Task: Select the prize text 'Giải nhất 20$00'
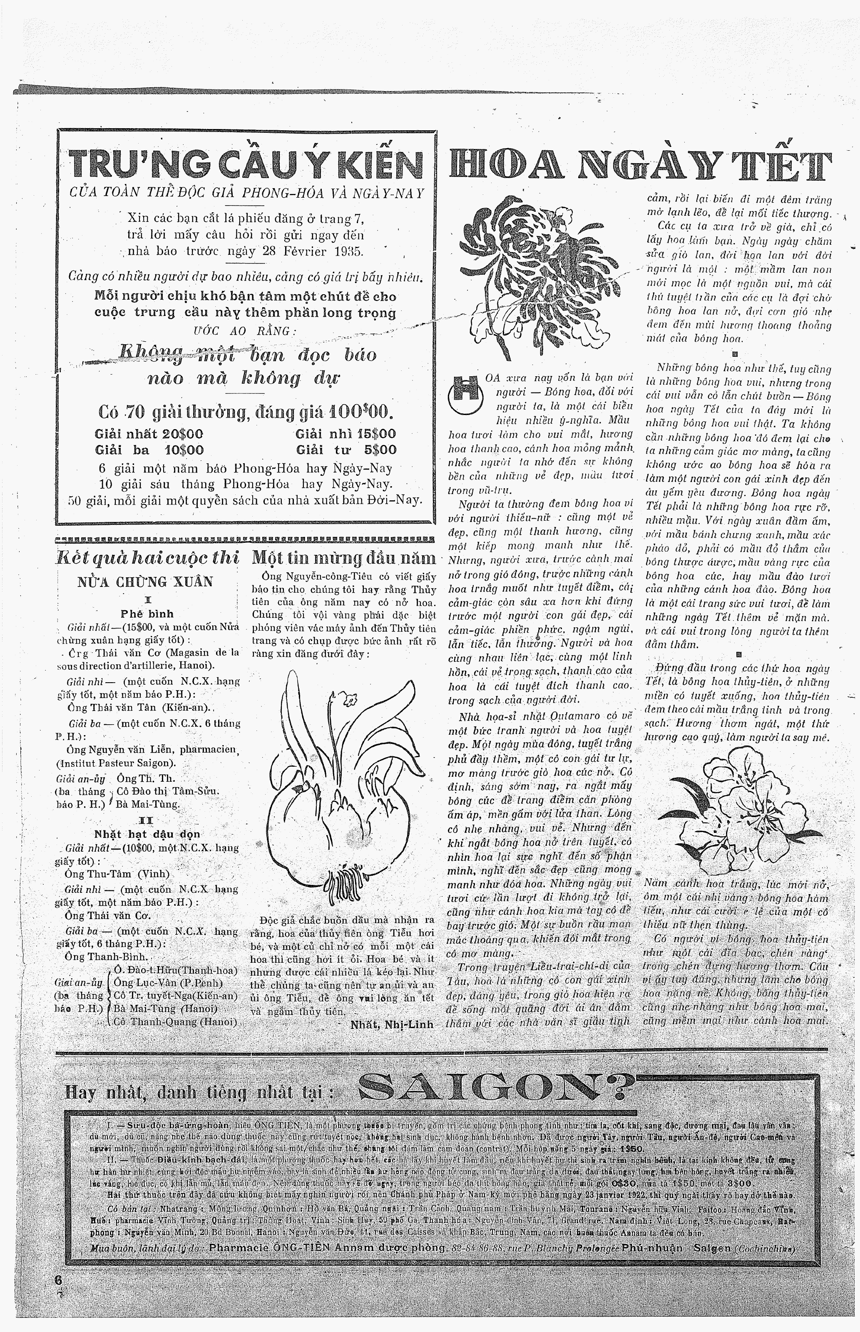pos(149,434)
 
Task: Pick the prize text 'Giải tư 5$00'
pos(346,450)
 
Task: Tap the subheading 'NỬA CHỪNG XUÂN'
pos(145,582)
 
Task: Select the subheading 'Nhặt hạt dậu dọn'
pos(147,834)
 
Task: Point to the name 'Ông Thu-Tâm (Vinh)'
pos(117,874)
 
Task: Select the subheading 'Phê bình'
pos(147,614)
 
